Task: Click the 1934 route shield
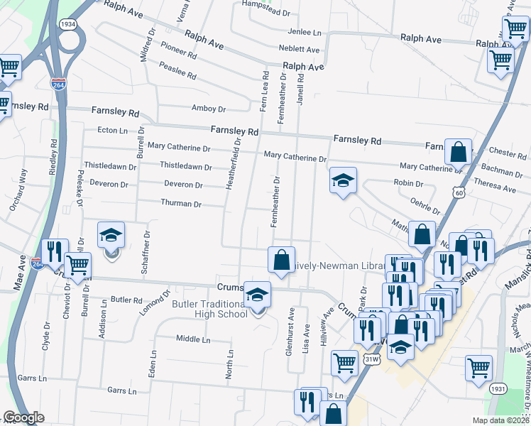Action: [68, 24]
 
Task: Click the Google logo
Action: [23, 417]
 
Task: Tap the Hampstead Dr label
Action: [266, 13]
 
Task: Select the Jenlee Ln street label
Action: [305, 32]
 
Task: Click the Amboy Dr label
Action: [209, 109]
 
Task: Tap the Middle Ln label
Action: [193, 339]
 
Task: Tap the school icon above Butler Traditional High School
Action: [257, 295]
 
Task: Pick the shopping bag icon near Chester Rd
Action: [459, 151]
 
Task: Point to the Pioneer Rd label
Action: [178, 53]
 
